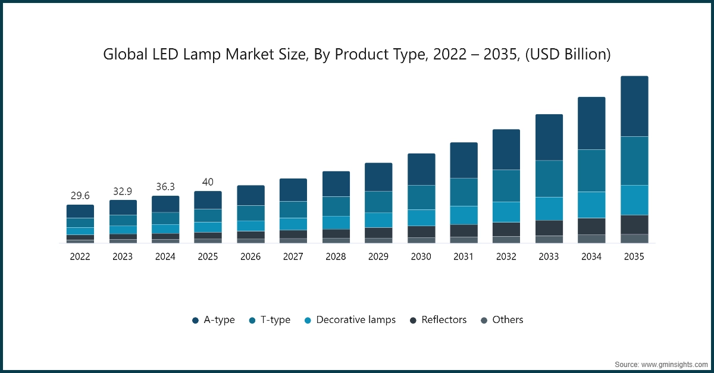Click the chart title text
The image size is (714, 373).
point(357,54)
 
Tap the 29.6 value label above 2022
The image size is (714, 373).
point(80,196)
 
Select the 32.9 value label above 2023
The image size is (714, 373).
point(123,191)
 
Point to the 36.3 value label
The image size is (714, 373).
point(165,186)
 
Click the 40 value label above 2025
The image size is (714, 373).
point(208,181)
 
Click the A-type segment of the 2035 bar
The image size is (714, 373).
point(634,106)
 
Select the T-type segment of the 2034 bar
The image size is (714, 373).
point(591,170)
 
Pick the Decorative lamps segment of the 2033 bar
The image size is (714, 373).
point(549,208)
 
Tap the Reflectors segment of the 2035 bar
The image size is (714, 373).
point(634,224)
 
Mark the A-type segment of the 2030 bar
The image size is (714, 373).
point(421,170)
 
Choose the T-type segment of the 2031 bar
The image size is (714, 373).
point(464,192)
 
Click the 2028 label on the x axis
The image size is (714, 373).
point(336,256)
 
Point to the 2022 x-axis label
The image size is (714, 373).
point(80,256)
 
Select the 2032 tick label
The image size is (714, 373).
point(506,256)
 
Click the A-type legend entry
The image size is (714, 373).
point(214,319)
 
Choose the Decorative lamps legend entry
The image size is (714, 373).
point(349,319)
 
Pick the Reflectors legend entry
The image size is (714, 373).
point(438,319)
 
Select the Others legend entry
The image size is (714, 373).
point(502,319)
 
